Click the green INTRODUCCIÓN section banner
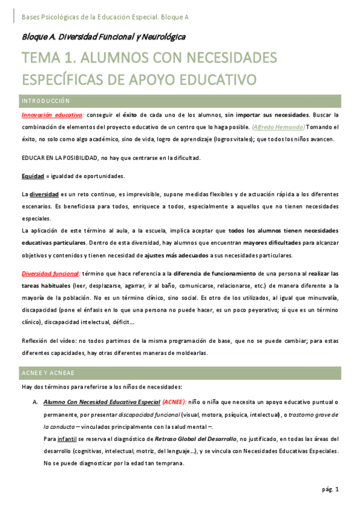point(180,100)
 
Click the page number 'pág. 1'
point(330,490)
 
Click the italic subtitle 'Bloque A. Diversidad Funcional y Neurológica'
point(103,37)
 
